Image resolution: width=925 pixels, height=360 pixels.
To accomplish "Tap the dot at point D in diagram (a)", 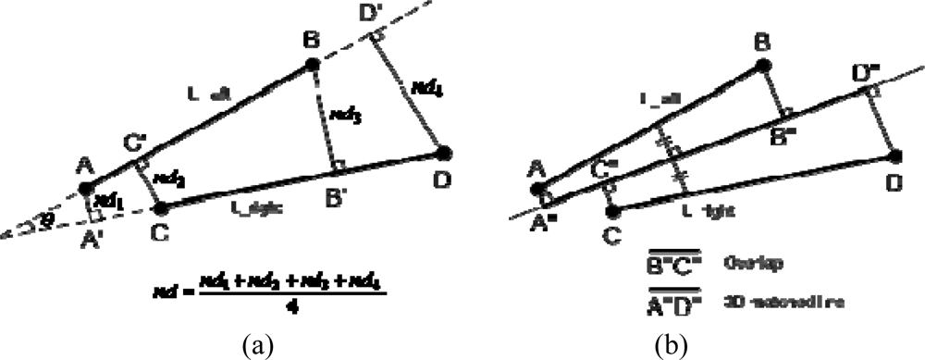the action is [444, 152].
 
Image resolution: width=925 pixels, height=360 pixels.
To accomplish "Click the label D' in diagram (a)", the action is [374, 15].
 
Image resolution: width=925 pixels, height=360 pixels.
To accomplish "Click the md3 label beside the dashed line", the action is [343, 116].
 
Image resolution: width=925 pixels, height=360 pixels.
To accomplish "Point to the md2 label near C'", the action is [164, 177].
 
